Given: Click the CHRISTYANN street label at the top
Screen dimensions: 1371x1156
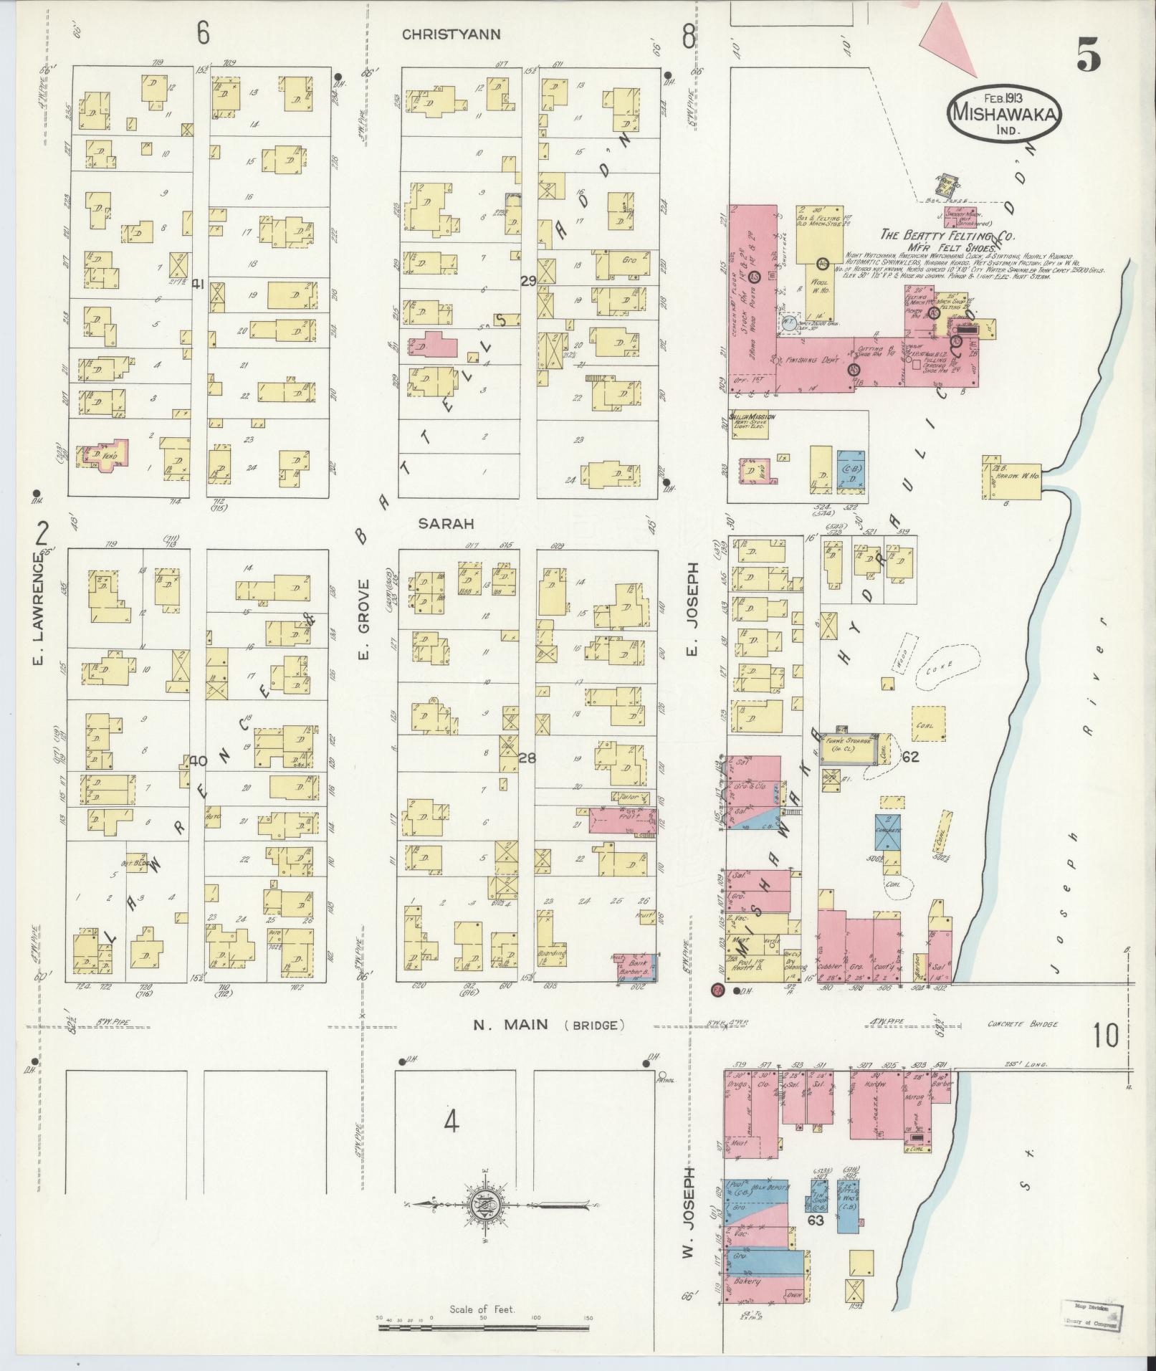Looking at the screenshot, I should pos(449,34).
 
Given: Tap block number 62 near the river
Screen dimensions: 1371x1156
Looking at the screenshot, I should pos(910,755).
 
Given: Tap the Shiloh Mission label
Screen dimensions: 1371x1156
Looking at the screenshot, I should pos(750,416).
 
